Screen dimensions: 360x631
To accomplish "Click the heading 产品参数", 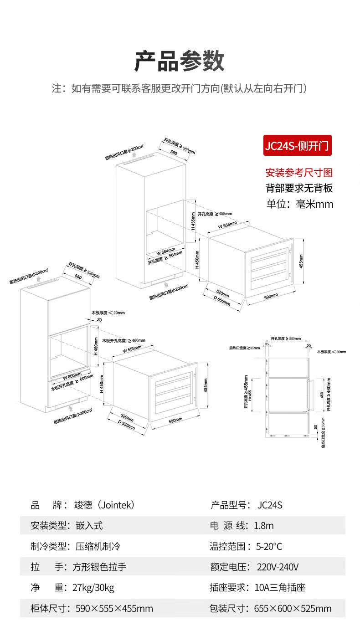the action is [x=180, y=62].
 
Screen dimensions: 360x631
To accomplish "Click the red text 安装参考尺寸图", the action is [x=299, y=173].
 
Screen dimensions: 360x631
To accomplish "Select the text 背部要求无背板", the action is [x=299, y=188].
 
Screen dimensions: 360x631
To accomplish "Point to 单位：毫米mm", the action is [x=299, y=204].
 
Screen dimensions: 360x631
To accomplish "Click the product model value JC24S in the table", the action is [x=270, y=505].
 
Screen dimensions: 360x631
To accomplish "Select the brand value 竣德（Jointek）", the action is [x=104, y=505].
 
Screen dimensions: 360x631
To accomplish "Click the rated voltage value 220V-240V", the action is [x=278, y=567].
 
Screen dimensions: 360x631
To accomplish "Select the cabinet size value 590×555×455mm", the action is [x=114, y=609].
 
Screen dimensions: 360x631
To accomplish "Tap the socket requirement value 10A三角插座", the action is [x=279, y=588].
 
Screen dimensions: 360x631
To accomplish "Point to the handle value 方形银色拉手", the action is [x=99, y=567].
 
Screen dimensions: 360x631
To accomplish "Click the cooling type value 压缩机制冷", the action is [x=98, y=546].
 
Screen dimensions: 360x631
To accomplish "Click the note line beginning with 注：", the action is [x=180, y=88].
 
